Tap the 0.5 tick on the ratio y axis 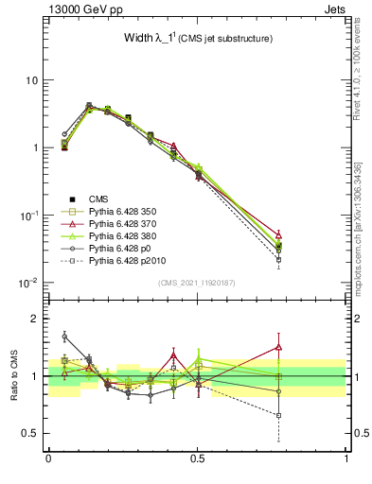point(29,434)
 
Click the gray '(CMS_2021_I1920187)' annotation point(197,282)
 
